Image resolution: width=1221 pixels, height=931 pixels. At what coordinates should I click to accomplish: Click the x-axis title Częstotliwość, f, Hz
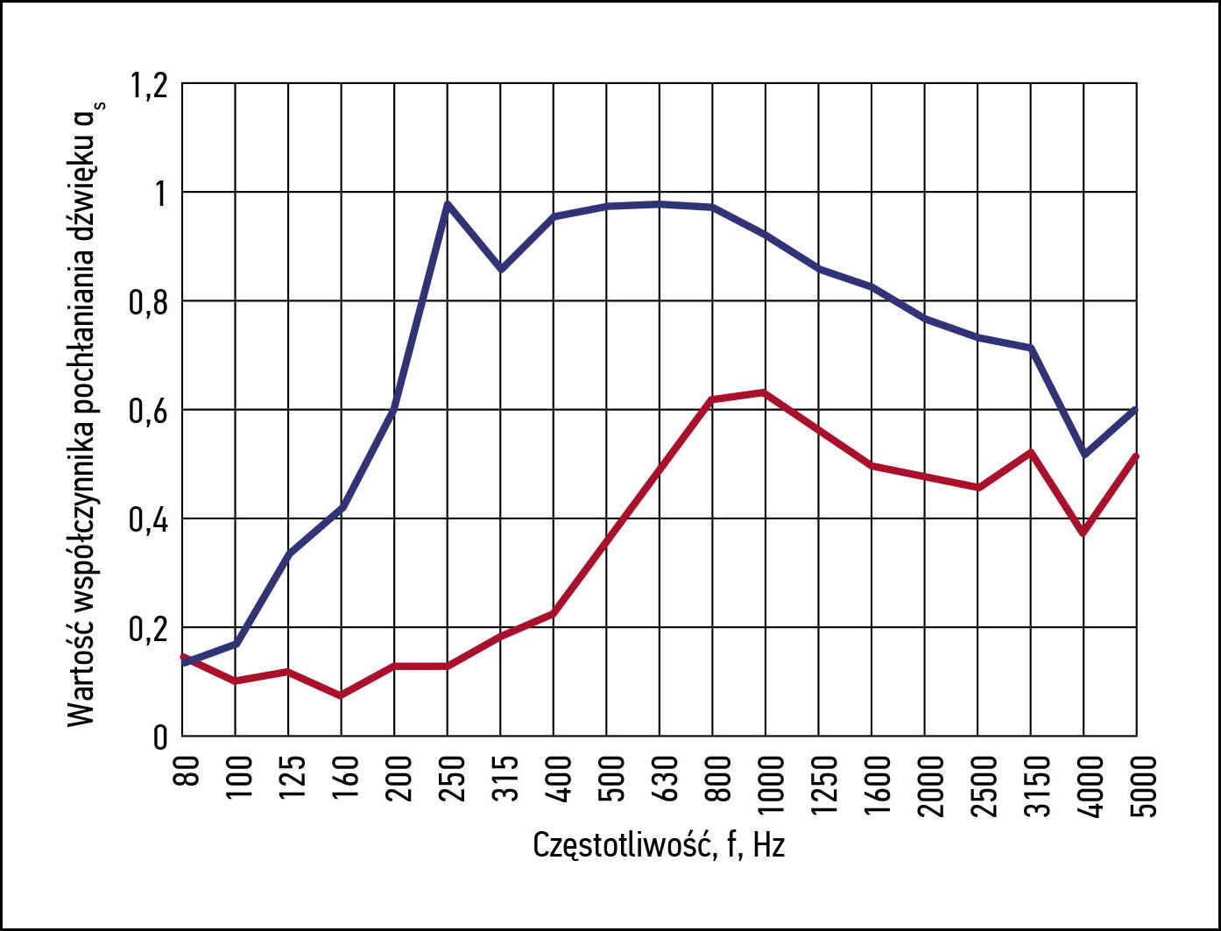point(659,846)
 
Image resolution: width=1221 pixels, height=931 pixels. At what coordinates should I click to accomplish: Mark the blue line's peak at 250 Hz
point(448,203)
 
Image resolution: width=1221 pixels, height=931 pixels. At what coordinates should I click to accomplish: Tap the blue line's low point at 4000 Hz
point(1084,455)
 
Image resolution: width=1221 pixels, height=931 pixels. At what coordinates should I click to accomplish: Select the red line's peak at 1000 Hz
point(766,391)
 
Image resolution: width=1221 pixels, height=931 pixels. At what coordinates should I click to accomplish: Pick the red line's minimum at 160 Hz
point(342,695)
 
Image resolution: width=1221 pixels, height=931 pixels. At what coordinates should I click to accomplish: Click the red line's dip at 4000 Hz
point(1084,533)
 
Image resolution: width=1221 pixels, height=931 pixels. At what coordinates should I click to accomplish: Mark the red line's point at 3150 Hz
point(1032,452)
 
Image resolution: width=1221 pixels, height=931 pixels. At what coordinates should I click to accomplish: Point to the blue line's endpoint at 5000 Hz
point(1136,409)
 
